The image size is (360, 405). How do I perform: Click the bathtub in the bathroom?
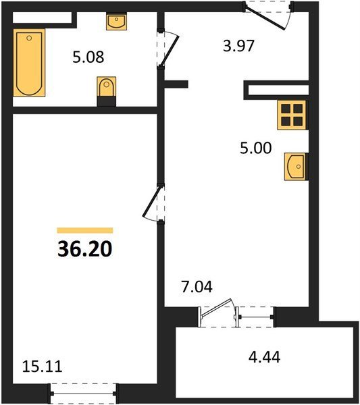point(29,63)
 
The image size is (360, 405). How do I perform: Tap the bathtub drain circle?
point(29,38)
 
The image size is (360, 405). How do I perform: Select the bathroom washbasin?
point(117,21)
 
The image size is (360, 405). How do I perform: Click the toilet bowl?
point(107,86)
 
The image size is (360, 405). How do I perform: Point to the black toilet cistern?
point(107,101)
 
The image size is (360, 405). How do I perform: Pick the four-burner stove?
point(292,115)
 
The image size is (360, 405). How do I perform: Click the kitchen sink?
point(296,167)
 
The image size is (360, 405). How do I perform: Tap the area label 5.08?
point(88,57)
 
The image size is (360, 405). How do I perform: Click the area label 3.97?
point(239,46)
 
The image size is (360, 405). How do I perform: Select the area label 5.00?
point(256,148)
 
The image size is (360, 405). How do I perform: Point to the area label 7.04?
point(197,287)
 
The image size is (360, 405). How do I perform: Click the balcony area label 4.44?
point(264,358)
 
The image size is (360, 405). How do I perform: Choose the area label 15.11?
point(42,367)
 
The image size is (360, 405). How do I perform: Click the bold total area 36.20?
point(85,249)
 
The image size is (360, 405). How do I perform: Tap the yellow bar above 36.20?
point(85,230)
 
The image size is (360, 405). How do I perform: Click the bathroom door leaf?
point(169,51)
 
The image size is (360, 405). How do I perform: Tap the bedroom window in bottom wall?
point(84,394)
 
